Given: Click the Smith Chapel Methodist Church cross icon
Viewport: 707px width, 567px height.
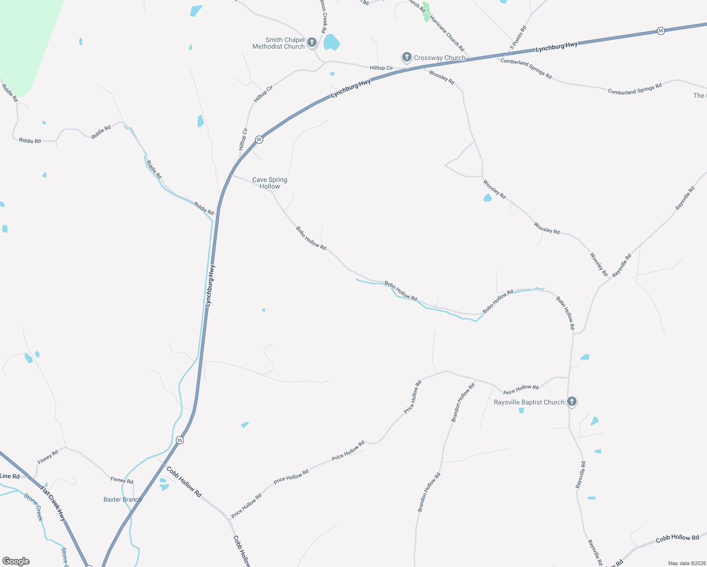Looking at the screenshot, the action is (x=312, y=43).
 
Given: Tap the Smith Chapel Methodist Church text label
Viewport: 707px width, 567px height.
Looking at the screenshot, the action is (x=278, y=43).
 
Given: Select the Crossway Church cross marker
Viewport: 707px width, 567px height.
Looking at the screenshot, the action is (x=406, y=58).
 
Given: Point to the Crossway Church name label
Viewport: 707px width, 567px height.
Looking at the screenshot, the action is (x=440, y=58).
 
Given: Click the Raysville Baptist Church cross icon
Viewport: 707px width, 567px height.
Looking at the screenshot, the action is (x=571, y=402).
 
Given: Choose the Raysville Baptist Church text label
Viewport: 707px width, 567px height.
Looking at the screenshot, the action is (x=529, y=403).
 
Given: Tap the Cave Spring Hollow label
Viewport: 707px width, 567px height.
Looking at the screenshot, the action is (x=269, y=183).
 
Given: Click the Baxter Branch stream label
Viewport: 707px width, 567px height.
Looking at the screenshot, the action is (x=122, y=499).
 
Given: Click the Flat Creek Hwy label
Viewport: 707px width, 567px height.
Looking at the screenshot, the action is (x=53, y=504).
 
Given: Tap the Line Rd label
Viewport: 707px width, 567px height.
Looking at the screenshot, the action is (x=10, y=476).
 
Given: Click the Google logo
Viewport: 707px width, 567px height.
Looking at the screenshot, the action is (x=16, y=561).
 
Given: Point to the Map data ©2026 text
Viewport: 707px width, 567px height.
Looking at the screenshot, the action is (x=686, y=563).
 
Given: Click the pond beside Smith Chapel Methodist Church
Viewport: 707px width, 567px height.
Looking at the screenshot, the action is (x=331, y=43).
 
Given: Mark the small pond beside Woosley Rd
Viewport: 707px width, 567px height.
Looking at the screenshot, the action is (x=488, y=198).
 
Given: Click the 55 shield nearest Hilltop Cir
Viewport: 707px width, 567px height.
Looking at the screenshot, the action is (x=259, y=139).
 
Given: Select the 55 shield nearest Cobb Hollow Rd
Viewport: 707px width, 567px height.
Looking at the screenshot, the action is (x=180, y=440).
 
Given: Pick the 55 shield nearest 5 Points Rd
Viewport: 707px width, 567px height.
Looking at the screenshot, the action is (x=661, y=31).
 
